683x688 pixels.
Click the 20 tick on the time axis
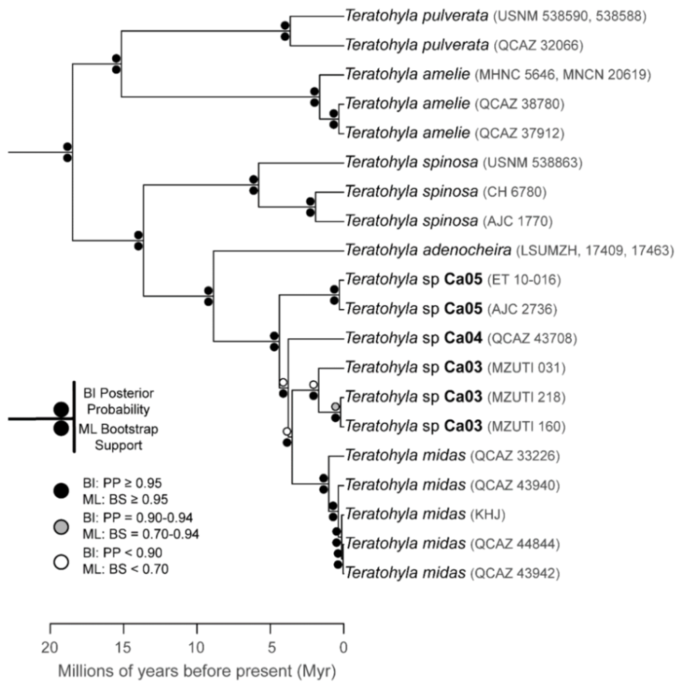pyautogui.click(x=51, y=649)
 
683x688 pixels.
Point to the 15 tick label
pyautogui.click(x=124, y=649)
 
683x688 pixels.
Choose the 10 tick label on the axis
pyautogui.click(x=197, y=649)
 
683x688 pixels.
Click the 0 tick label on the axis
pyautogui.click(x=343, y=649)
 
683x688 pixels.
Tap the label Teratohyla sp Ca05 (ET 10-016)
pyautogui.click(x=452, y=281)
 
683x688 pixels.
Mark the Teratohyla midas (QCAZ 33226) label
pyautogui.click(x=453, y=456)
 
